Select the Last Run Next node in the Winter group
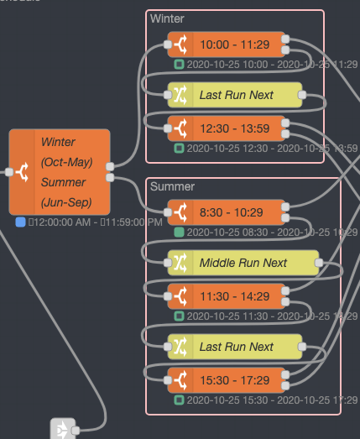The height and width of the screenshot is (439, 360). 236,95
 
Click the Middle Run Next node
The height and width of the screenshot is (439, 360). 243,263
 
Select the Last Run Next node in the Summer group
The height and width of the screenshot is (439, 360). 236,347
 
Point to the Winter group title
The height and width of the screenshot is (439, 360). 167,18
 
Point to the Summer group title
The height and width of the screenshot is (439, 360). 171,186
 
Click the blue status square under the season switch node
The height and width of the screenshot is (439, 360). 20,222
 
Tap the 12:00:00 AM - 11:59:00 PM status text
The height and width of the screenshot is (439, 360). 95,222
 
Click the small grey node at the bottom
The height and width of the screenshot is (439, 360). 62,429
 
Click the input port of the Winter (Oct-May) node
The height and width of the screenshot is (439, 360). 9,172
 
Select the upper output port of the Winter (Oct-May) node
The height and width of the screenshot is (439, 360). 110,166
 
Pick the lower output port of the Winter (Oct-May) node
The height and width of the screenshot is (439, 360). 110,177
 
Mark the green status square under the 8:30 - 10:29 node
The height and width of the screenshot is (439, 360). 179,232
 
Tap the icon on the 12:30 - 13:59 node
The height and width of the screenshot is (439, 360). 180,128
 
